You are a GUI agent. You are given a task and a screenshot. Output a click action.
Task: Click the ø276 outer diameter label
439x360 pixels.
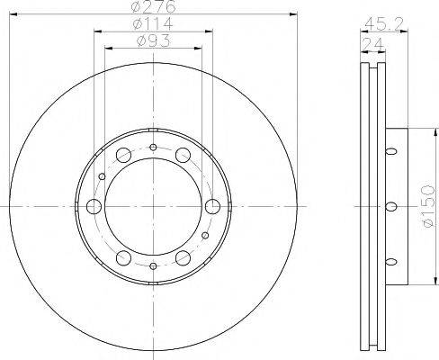[x=153, y=8]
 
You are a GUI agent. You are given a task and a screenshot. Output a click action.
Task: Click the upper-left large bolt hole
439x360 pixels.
[x=123, y=155]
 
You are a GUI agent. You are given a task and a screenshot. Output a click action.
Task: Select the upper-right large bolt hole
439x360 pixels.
[x=183, y=155]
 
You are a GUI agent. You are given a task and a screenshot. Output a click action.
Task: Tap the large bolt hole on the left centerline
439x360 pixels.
[x=94, y=207]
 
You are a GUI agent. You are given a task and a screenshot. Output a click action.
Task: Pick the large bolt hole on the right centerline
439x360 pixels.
[x=213, y=207]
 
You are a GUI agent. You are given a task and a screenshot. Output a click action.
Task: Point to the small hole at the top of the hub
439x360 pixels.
[x=153, y=148]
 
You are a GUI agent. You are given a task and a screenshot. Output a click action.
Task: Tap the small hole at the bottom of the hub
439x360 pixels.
[x=153, y=266]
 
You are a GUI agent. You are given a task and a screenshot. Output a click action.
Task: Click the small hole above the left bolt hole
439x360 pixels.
[x=102, y=177]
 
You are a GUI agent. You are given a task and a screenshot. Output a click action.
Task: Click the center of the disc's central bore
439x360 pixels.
[x=153, y=207]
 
